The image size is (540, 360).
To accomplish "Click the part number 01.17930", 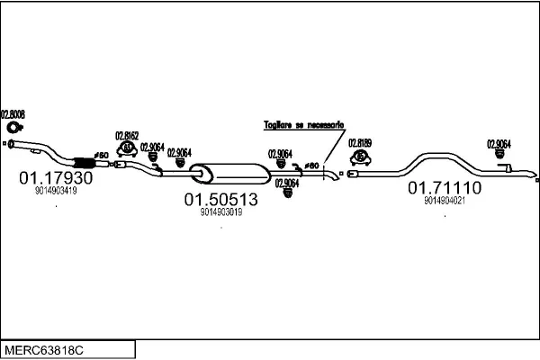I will pos(56,178).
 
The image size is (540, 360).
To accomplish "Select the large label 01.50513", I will pos(221,199).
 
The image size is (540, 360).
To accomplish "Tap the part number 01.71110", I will pos(445,188).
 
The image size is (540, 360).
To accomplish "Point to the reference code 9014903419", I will pos(56,191).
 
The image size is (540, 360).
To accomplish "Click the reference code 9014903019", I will pos(221,212).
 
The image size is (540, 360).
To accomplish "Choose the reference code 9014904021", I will pos(445,201).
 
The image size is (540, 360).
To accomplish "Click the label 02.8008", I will pos(13,114).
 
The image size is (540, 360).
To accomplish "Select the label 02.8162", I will pos(127,136).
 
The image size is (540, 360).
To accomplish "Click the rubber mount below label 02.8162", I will pos(128,148).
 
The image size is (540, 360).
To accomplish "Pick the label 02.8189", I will pos(360,142).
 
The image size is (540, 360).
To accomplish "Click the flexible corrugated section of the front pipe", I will pos(83,161).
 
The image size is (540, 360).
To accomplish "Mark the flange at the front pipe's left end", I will pos(10,142).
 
